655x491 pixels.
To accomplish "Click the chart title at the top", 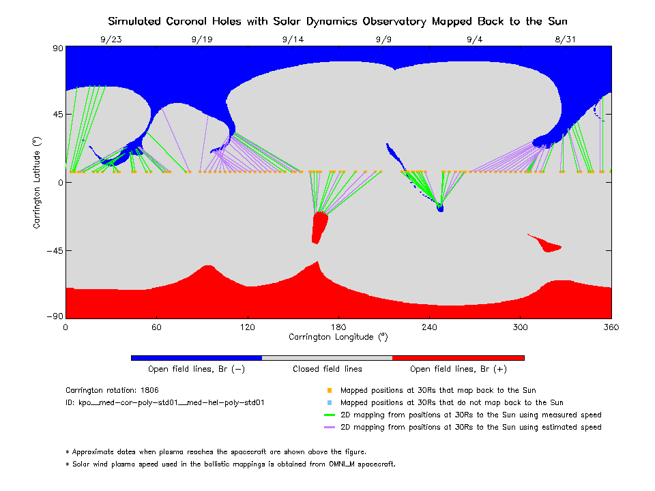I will [x=338, y=21].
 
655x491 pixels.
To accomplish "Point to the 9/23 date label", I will [x=111, y=40].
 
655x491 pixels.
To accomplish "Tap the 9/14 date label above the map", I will [x=293, y=40].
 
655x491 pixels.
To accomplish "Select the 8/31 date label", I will [x=566, y=40].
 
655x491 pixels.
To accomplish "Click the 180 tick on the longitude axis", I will [x=338, y=327].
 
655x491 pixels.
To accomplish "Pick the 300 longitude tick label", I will [x=521, y=327].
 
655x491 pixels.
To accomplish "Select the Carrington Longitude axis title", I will [x=338, y=337].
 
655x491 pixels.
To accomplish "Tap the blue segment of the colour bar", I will [x=196, y=357].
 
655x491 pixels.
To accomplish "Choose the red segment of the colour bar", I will [x=458, y=357].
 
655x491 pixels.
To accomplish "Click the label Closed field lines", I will [x=327, y=369].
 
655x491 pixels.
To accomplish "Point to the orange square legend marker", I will [x=330, y=391].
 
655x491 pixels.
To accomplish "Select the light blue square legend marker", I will [x=330, y=403].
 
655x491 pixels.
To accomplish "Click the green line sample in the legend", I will [x=330, y=415].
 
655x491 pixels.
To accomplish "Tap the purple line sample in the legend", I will [x=330, y=428].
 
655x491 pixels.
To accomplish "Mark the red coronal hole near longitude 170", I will [x=319, y=226].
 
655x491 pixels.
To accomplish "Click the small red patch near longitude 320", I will [x=548, y=244].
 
